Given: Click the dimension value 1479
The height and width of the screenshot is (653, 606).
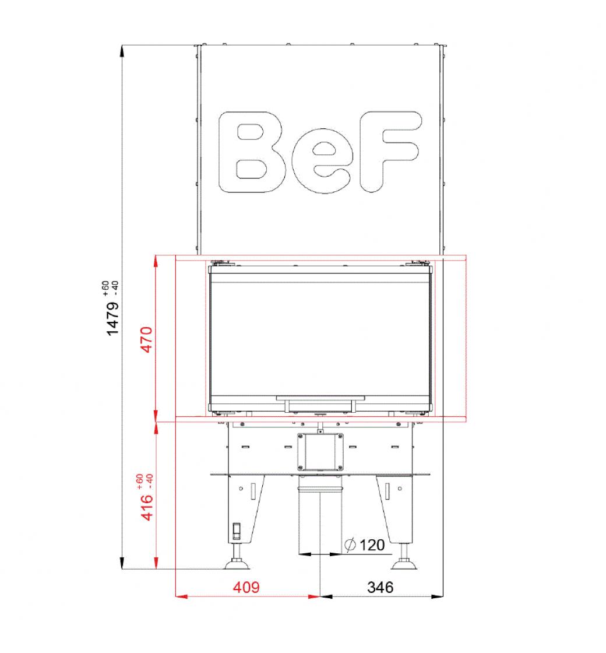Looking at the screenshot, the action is tap(112, 318).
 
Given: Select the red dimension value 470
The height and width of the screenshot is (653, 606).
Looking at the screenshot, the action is tap(147, 339).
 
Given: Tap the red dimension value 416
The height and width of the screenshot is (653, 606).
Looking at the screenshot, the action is tap(147, 507).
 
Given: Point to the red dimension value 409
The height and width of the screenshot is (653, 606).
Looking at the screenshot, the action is tap(246, 587).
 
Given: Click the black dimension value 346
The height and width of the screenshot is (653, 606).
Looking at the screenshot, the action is tap(380, 587).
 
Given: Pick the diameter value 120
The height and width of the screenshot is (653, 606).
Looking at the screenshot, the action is tap(372, 545).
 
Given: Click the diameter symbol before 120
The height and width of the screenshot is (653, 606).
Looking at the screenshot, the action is tap(350, 545).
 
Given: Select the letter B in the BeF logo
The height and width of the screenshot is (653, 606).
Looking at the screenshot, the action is tap(252, 152).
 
